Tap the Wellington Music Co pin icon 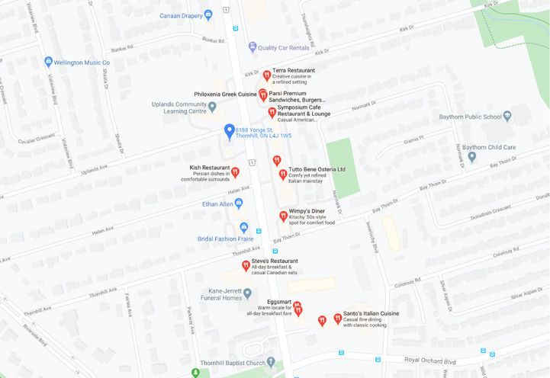click(48, 62)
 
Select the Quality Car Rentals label click(284, 47)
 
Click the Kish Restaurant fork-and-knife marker click(235, 172)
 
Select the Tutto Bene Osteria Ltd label click(317, 169)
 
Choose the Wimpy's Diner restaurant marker click(283, 216)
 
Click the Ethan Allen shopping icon click(239, 203)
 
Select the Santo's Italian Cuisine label click(371, 313)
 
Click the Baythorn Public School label click(471, 117)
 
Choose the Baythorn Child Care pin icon click(472, 157)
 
